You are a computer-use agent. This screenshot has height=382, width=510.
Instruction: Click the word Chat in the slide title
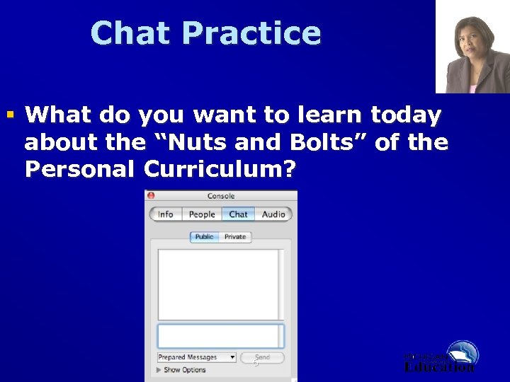[130, 33]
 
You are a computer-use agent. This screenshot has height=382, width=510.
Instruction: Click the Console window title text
[221, 196]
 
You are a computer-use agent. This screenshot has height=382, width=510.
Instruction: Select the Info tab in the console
[166, 214]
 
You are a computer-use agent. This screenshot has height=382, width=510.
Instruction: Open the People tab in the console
[202, 214]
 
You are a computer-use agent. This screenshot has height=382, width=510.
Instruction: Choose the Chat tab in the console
[239, 214]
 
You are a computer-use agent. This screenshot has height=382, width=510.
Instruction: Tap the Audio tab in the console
[273, 214]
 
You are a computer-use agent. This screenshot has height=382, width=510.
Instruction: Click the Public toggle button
[204, 237]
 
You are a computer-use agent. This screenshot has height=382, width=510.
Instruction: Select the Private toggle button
[235, 237]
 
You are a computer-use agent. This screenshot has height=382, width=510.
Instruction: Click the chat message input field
[220, 335]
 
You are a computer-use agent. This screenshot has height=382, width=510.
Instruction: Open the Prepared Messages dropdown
[196, 358]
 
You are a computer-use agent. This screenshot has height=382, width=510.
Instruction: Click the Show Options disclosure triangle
[159, 370]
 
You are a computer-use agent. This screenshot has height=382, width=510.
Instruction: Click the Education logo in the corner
[441, 357]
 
